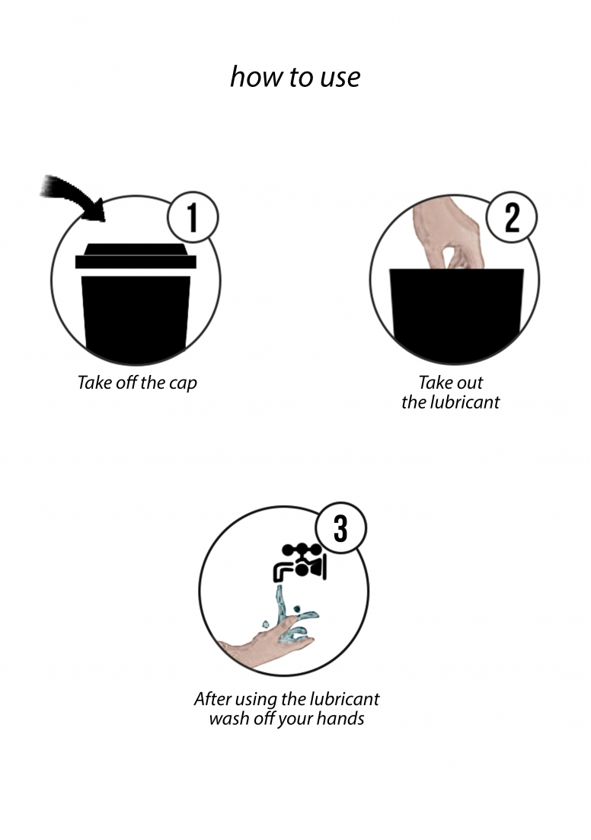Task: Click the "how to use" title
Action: [295, 77]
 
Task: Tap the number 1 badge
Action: [193, 217]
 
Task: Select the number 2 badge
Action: [512, 217]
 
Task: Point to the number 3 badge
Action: [340, 527]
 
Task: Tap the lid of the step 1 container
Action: [136, 257]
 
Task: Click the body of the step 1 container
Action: [136, 319]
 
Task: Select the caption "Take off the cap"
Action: [137, 383]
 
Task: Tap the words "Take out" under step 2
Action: [451, 383]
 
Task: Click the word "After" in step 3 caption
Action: [212, 698]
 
